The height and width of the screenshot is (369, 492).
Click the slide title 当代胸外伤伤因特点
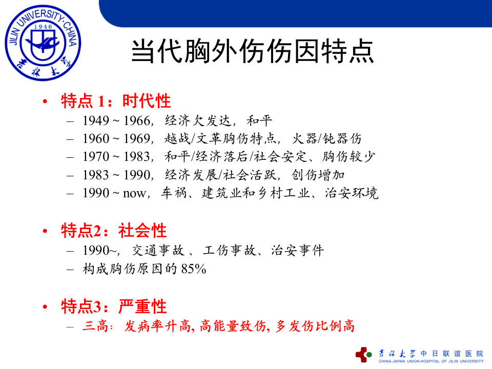tap(252, 51)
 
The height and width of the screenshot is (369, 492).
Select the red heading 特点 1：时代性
tap(116, 101)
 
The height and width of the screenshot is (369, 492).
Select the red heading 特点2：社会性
tap(114, 231)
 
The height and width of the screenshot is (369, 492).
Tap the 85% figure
tap(194, 269)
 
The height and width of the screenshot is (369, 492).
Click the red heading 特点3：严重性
tap(114, 306)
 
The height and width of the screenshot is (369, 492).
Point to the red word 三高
tap(95, 326)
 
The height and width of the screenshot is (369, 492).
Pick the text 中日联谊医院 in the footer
tap(452, 353)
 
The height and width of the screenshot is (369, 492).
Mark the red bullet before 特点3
tap(46, 307)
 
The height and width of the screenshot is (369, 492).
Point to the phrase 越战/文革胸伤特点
tap(222, 139)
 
